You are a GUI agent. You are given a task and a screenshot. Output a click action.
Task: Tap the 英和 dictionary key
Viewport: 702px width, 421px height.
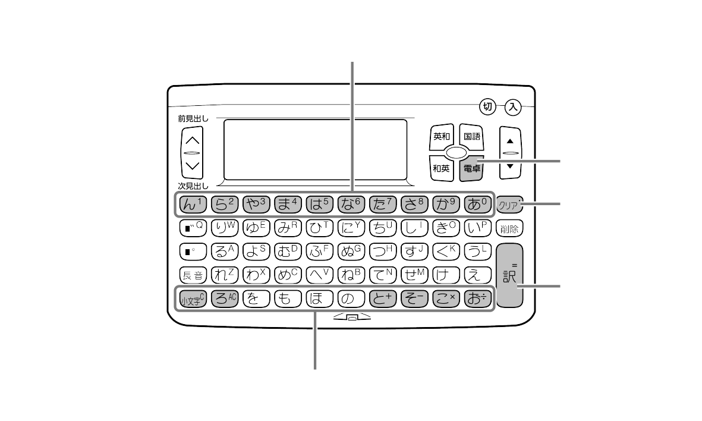click(x=441, y=137)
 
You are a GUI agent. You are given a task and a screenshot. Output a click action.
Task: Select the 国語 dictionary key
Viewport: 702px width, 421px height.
click(x=472, y=137)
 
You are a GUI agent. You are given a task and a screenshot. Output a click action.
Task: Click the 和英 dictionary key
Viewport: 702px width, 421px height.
click(x=441, y=168)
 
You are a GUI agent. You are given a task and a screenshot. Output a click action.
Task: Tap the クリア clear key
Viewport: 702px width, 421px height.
click(x=510, y=206)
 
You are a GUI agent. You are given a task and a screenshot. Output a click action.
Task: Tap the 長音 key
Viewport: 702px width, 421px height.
click(x=192, y=274)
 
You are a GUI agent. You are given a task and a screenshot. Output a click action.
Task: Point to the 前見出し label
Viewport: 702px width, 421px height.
click(x=193, y=118)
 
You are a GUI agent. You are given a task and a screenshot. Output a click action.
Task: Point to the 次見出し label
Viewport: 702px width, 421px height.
click(x=193, y=185)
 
